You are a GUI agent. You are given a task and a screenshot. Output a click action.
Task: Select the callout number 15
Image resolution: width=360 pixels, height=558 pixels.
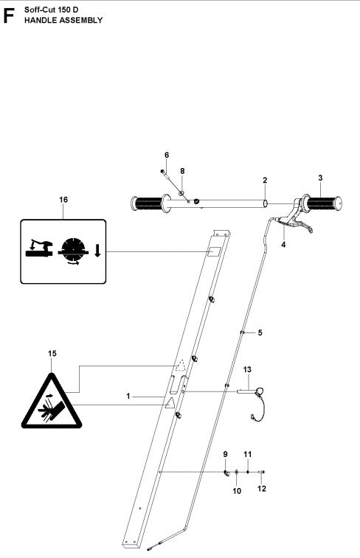(51, 354)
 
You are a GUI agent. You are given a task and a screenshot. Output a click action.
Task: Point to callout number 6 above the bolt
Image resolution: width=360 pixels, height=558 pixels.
(166, 155)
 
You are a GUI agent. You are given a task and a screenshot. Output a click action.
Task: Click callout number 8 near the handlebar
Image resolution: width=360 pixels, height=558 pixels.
(182, 170)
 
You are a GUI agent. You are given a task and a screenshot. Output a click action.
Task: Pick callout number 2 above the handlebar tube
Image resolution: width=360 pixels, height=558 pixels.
(264, 180)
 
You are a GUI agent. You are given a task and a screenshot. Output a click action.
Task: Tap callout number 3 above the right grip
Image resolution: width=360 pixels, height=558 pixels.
(320, 178)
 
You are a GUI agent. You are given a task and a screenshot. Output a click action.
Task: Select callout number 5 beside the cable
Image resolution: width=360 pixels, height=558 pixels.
(259, 332)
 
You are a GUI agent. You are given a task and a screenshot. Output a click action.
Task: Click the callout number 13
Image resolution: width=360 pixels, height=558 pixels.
(247, 369)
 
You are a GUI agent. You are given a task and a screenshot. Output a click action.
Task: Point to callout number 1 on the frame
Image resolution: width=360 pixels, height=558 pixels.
(128, 396)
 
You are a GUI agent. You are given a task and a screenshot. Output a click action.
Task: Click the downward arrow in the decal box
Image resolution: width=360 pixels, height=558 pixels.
(97, 252)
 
